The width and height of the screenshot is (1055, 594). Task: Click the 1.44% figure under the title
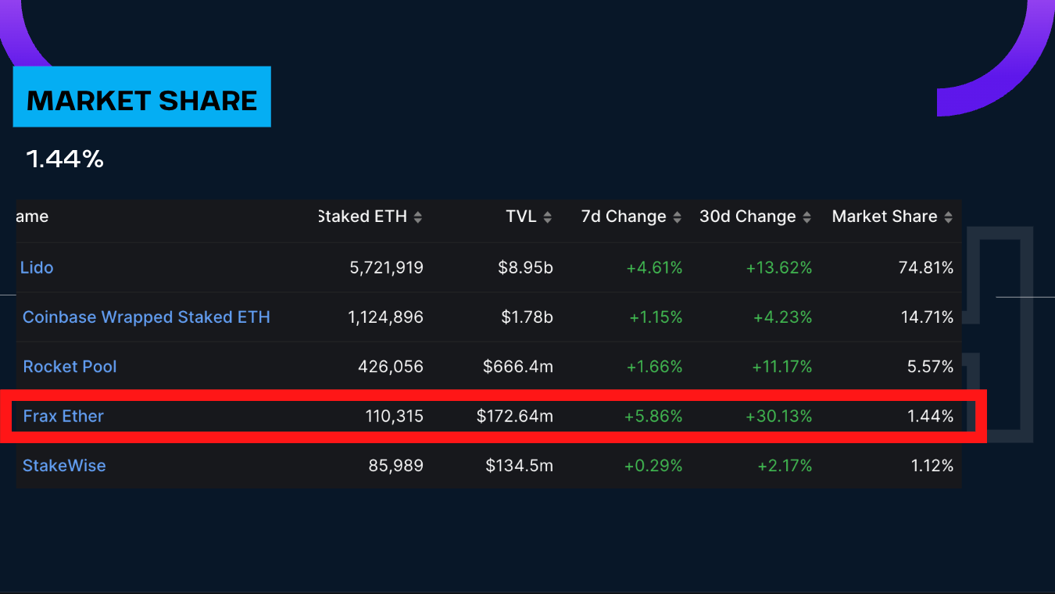click(x=65, y=159)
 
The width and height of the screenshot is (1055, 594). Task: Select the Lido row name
click(x=37, y=267)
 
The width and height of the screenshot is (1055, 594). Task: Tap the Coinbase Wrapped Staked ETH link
click(x=146, y=317)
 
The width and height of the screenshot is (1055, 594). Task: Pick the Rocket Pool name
click(x=70, y=367)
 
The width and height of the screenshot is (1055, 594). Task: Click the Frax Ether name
click(x=63, y=416)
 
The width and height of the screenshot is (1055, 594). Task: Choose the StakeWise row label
click(x=64, y=466)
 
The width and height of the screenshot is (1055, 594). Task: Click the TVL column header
click(x=521, y=216)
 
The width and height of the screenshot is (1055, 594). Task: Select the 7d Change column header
click(x=624, y=216)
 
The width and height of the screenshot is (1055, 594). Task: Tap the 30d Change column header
click(x=748, y=216)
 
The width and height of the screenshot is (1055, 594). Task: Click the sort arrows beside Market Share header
click(x=948, y=217)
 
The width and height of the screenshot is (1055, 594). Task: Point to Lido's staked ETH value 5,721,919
click(x=386, y=268)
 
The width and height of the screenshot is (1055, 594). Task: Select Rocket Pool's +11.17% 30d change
click(x=778, y=367)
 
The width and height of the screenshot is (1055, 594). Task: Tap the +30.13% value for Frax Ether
click(x=778, y=417)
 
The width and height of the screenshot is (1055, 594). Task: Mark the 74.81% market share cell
click(x=926, y=268)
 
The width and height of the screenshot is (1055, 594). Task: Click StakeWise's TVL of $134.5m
click(x=519, y=466)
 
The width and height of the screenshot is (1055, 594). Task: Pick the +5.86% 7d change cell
click(x=653, y=417)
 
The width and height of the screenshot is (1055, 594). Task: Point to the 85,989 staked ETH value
click(x=395, y=466)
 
